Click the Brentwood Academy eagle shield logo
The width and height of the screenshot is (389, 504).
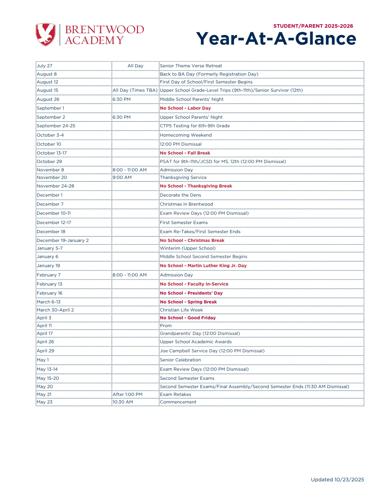pos(46,35)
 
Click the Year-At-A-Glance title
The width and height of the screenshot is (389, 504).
pos(276,39)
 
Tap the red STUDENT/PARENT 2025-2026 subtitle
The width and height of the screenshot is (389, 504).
pos(313,26)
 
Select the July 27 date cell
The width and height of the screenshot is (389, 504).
pos(45,66)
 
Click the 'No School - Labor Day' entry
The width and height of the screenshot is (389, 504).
pos(185,108)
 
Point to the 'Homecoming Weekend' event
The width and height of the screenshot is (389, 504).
pos(186,135)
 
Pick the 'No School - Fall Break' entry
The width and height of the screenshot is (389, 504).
pos(185,153)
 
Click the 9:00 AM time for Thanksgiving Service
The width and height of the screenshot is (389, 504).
pos(122,177)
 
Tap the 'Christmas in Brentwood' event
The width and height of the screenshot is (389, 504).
pos(186,204)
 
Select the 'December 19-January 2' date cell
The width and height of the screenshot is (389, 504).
pos(63,240)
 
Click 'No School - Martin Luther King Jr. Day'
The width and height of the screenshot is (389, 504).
pos(203,266)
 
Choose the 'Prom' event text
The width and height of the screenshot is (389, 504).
pos(166,326)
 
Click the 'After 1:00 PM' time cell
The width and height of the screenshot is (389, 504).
pos(127,394)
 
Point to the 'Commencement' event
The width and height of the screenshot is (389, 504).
pos(178,402)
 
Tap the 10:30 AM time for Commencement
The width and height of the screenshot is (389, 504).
pos(123,402)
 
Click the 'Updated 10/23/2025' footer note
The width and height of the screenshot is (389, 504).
pos(337,480)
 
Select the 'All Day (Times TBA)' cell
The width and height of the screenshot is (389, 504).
pos(135,90)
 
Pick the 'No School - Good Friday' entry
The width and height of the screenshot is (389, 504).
pos(188,318)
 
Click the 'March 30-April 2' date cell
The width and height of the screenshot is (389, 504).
pos(55,310)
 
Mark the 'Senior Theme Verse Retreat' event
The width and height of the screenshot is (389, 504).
pos(191,66)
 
